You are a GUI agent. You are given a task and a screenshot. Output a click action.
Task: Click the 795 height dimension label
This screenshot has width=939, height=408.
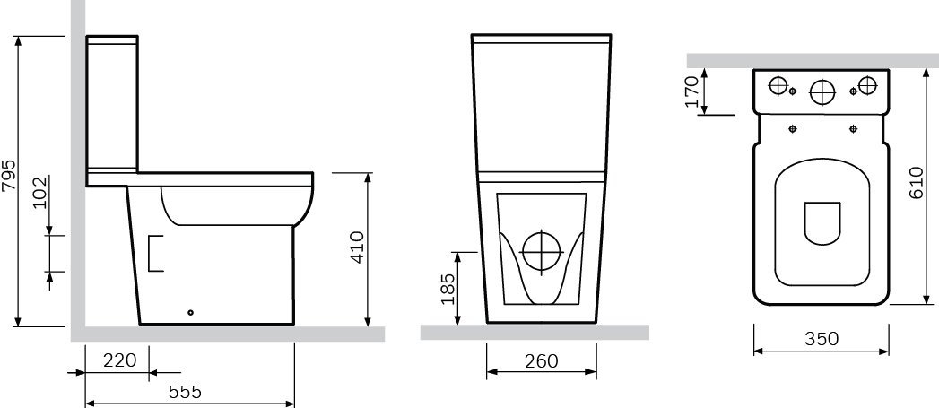pyautogui.click(x=10, y=176)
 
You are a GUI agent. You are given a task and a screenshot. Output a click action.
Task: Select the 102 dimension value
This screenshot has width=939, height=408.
pyautogui.click(x=40, y=192)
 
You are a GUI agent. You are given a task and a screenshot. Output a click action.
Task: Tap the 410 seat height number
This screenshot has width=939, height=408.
pyautogui.click(x=357, y=247)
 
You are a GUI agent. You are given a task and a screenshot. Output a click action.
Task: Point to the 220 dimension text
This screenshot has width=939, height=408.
pyautogui.click(x=120, y=360)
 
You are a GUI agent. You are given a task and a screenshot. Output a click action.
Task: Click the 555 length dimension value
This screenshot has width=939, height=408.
pyautogui.click(x=185, y=393)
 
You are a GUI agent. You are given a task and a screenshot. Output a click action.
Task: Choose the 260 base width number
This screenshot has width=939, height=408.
pyautogui.click(x=542, y=361)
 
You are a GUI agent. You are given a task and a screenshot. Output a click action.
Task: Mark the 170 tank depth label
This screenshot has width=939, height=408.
pyautogui.click(x=692, y=91)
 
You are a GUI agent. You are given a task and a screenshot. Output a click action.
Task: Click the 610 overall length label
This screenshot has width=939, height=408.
pyautogui.click(x=917, y=183)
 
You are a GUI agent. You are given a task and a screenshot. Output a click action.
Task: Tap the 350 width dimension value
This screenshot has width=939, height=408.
pyautogui.click(x=822, y=339)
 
